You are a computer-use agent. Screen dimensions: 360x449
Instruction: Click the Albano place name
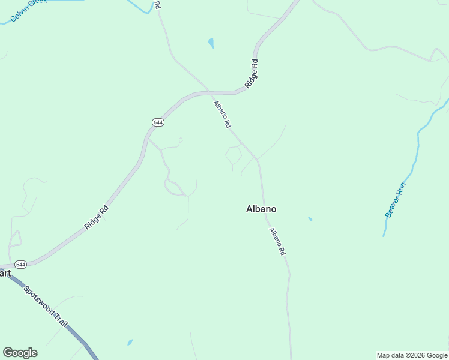(261, 209)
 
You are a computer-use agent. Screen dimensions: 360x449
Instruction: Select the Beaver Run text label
(396, 200)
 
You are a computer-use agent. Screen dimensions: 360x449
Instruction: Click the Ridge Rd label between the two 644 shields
(96, 218)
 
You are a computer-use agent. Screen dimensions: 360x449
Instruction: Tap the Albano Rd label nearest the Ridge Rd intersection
(222, 114)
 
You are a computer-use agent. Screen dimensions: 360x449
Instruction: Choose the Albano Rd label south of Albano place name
(277, 242)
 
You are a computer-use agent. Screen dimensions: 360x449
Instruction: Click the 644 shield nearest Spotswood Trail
(21, 265)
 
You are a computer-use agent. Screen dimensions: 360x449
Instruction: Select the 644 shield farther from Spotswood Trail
(158, 122)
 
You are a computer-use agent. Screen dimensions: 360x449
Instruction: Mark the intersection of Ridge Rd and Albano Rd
(209, 92)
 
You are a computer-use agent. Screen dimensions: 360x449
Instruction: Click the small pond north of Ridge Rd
(211, 43)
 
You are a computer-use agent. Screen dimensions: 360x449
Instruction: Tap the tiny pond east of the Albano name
(310, 218)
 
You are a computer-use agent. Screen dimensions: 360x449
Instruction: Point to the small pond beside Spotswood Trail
(130, 343)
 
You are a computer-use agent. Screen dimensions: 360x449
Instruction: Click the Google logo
(20, 353)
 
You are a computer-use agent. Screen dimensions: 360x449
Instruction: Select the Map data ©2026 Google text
(412, 355)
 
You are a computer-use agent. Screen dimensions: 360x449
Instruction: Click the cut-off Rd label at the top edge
(157, 4)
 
